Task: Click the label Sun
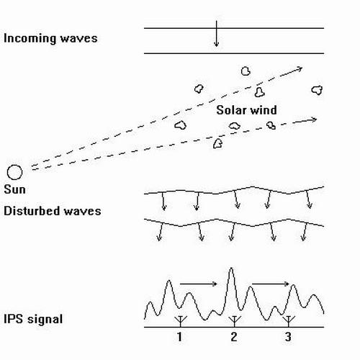coord(14,189)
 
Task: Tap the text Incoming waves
coord(50,38)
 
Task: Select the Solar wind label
coord(246,110)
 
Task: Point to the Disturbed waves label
coord(53,211)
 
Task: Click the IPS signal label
coord(33,319)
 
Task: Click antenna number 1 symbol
coord(180,321)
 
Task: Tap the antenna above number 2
coord(235,321)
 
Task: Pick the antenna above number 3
coord(289,321)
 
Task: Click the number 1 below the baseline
coord(180,337)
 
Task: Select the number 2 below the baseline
coord(234,337)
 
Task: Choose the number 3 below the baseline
coord(288,337)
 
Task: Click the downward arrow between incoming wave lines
coord(217,34)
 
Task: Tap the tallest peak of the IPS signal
coord(231,268)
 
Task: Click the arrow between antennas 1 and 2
coord(199,284)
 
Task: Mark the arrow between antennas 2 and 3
coord(271,284)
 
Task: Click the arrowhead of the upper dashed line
coord(300,69)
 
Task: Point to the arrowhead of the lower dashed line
coord(314,120)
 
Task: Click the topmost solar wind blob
coord(246,71)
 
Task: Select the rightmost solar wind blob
coord(317,90)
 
